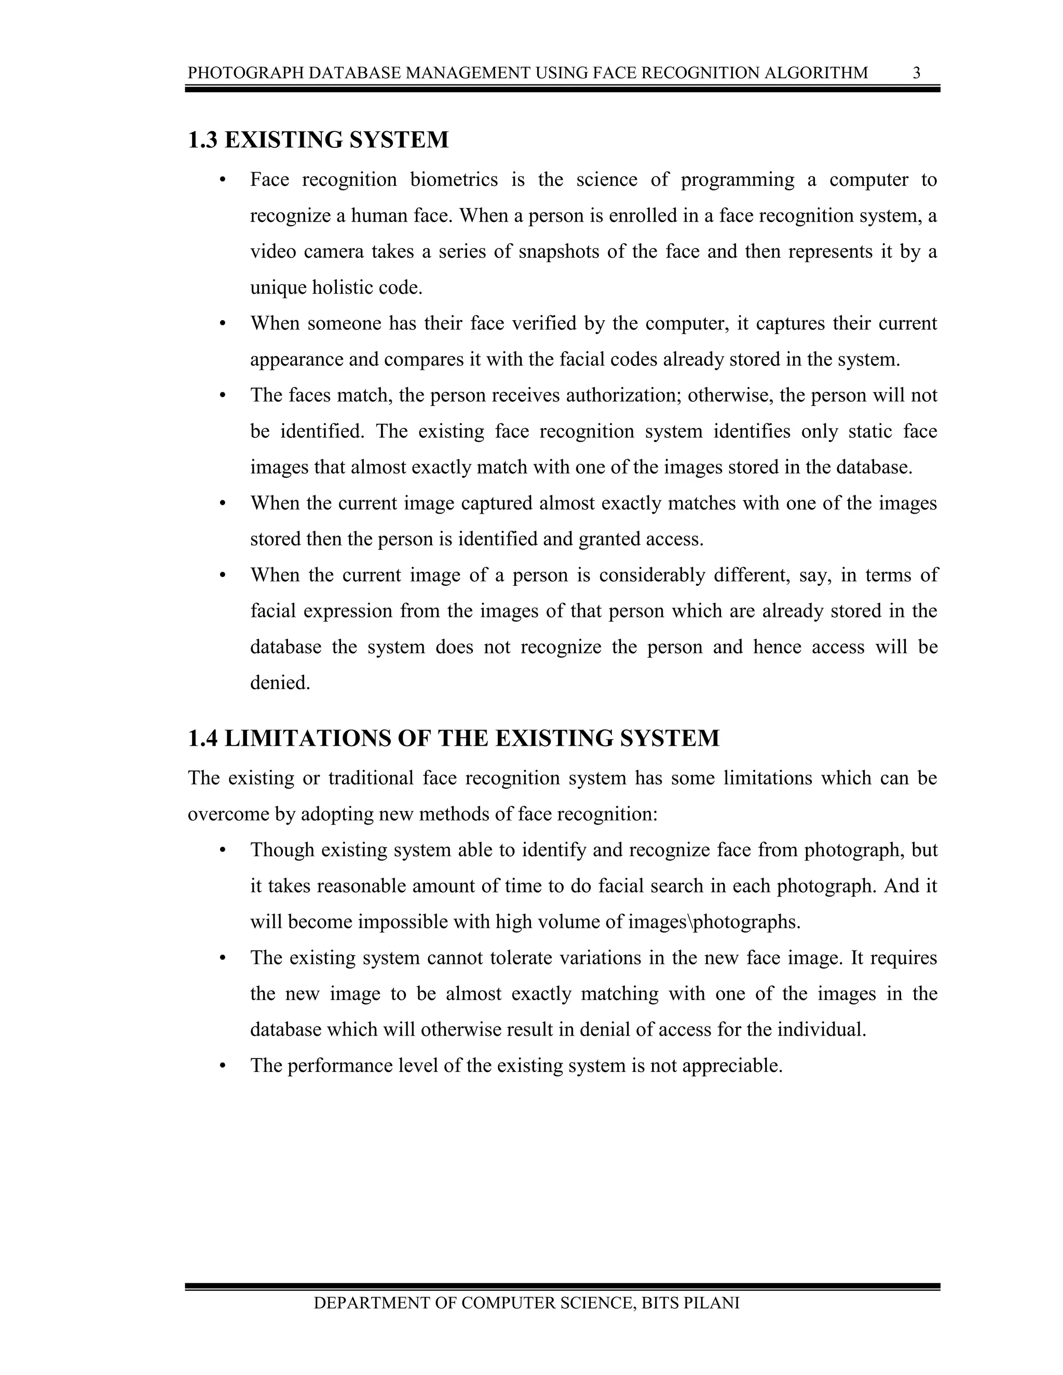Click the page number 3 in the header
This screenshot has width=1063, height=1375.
pyautogui.click(x=916, y=73)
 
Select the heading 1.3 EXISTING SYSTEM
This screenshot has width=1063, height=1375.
pyautogui.click(x=318, y=140)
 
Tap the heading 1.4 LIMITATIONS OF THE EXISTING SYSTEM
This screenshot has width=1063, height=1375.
pyautogui.click(x=454, y=738)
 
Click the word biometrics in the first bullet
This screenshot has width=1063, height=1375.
pyautogui.click(x=454, y=180)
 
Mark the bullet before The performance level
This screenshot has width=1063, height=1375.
pyautogui.click(x=222, y=1066)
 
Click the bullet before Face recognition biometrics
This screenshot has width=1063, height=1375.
pyautogui.click(x=222, y=181)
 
